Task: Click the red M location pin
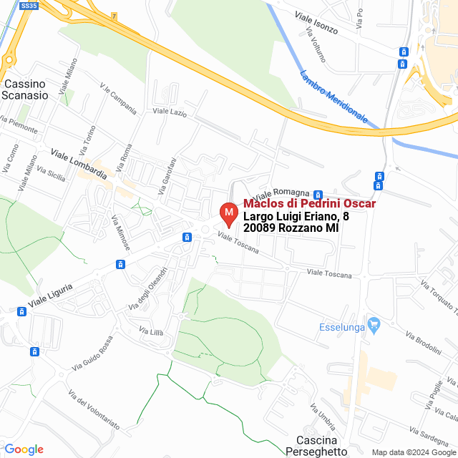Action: point(228,213)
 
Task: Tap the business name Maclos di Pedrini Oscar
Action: point(310,204)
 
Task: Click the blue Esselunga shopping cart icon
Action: point(374,326)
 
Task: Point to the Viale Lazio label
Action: point(170,112)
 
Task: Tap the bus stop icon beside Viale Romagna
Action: point(318,194)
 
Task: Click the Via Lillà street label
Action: point(152,331)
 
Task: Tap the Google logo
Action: point(24,449)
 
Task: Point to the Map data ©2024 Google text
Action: point(414,452)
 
